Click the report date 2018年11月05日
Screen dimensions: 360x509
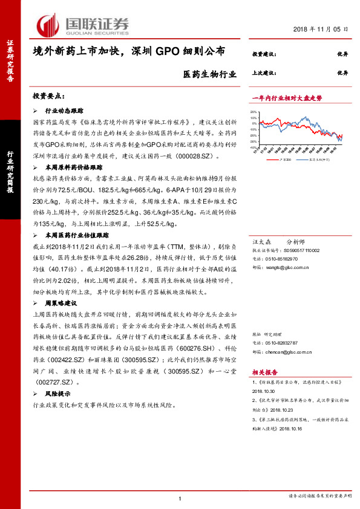click(321, 29)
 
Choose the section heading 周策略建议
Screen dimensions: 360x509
click(64, 302)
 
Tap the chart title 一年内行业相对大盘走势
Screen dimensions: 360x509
click(287, 98)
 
